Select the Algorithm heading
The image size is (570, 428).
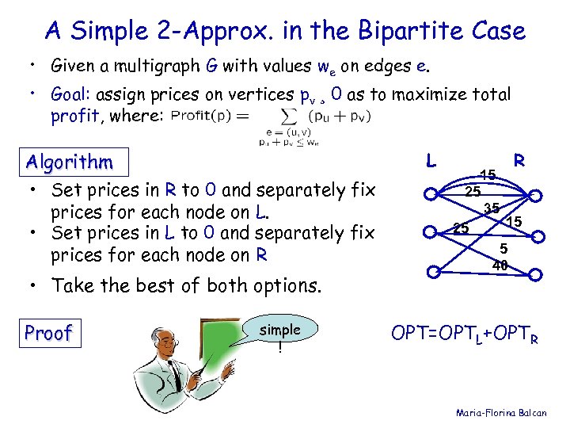pyautogui.click(x=69, y=162)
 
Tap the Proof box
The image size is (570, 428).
pyautogui.click(x=48, y=333)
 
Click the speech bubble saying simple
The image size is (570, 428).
pyautogui.click(x=279, y=335)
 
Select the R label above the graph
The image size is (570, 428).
pyautogui.click(x=519, y=161)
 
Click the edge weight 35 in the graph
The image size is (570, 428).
pyautogui.click(x=491, y=209)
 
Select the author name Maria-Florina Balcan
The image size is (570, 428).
pyautogui.click(x=507, y=413)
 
